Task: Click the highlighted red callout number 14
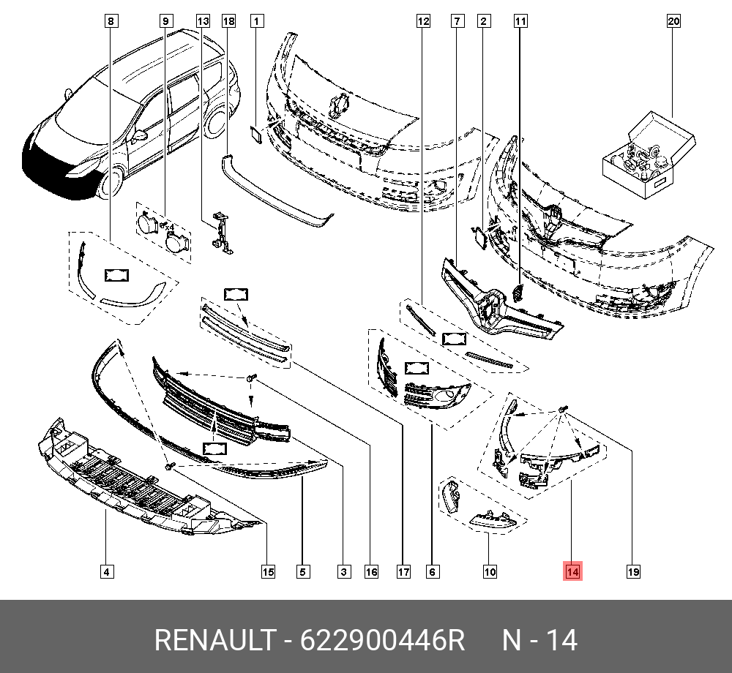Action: [x=572, y=571]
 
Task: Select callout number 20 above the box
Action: [x=673, y=21]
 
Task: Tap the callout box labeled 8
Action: [x=110, y=21]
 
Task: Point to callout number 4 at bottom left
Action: [x=107, y=571]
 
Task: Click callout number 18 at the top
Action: [x=228, y=21]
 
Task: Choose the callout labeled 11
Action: [x=520, y=21]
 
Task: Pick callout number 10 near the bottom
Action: [x=490, y=571]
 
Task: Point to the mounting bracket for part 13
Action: [x=220, y=233]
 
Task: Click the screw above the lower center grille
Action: [x=251, y=377]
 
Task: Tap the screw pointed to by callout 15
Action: [x=169, y=465]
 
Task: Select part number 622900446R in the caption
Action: [x=383, y=640]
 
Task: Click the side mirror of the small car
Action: [x=139, y=135]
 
